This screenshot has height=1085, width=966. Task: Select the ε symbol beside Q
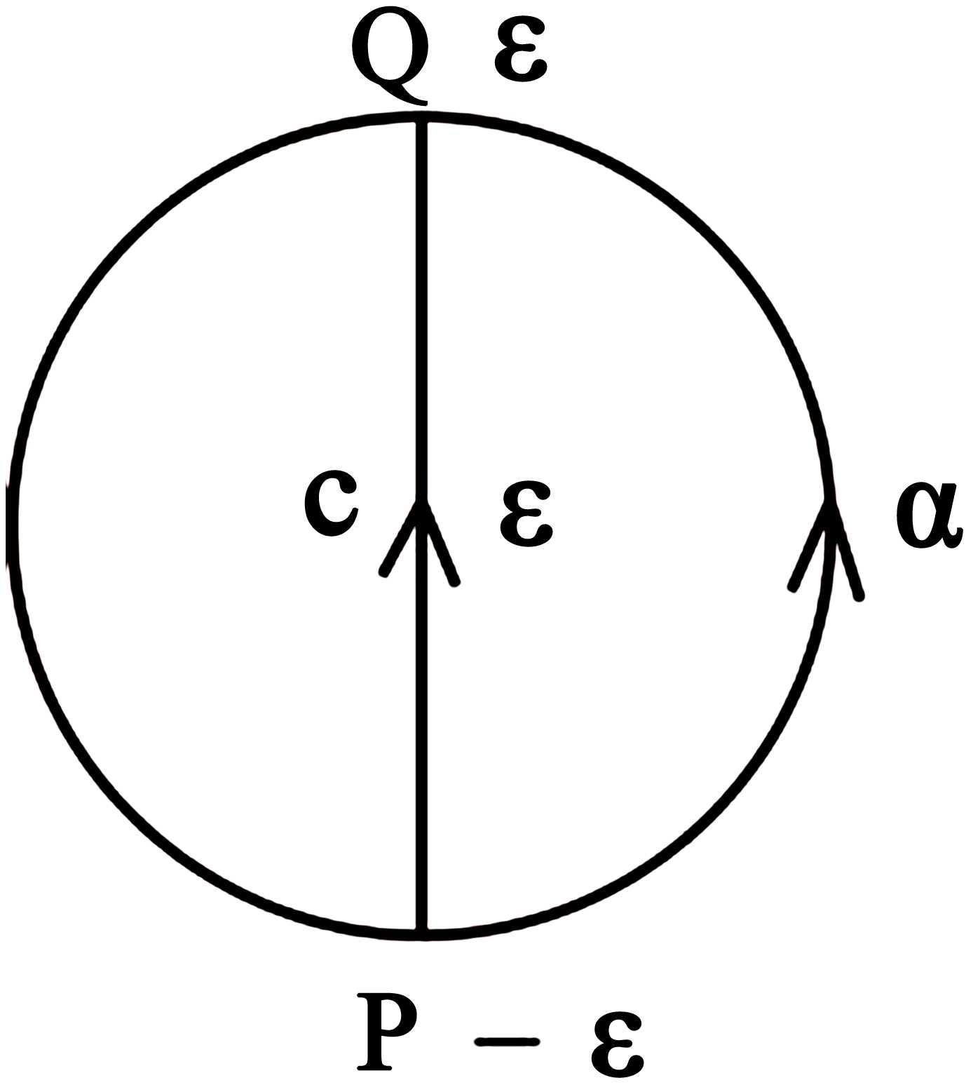[x=519, y=58]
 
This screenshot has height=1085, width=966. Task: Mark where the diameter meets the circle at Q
[x=422, y=116]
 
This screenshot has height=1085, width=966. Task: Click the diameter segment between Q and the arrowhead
[x=422, y=309]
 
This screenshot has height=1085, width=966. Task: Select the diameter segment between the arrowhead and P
[x=422, y=736]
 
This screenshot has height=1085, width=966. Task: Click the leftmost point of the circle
[x=13, y=523]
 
